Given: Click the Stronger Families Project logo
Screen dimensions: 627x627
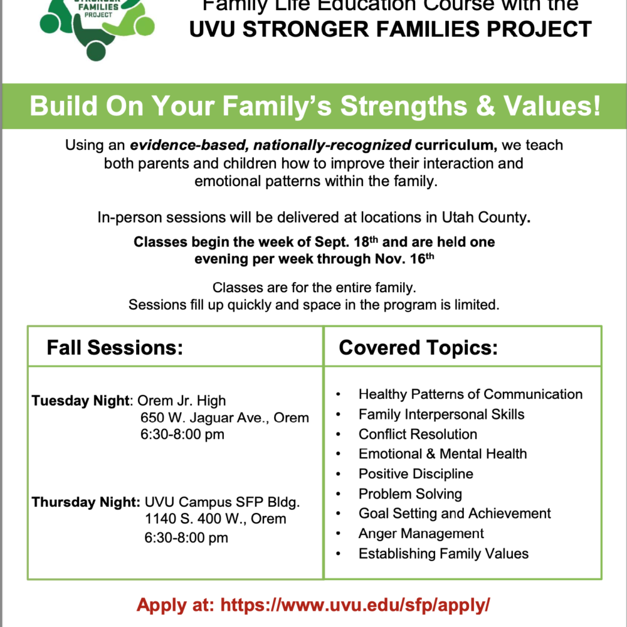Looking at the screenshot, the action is (x=97, y=28).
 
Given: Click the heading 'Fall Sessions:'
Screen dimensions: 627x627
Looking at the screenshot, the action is (x=115, y=347).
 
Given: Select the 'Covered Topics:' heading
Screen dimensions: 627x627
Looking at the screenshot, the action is (x=418, y=347).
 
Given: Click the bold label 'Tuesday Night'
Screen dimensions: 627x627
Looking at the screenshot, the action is (x=81, y=401).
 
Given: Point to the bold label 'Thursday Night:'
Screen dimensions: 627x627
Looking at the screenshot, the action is (x=86, y=502).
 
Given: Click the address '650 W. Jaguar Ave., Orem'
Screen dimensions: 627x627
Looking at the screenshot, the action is (x=224, y=418).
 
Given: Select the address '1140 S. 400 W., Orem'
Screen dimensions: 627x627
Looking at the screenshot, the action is (x=216, y=519).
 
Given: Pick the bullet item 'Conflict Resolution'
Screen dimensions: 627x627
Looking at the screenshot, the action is (x=418, y=435).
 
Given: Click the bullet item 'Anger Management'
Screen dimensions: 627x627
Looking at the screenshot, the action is (x=421, y=534).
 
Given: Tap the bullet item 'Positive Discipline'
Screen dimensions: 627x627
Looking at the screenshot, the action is (x=416, y=474).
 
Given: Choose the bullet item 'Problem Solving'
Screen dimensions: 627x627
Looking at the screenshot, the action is (x=410, y=494).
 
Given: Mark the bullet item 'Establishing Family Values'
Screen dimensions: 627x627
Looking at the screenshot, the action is (x=443, y=554).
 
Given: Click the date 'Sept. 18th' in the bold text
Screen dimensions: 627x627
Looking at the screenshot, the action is (x=346, y=241).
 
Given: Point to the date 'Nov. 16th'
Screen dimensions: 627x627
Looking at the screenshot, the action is (x=404, y=259).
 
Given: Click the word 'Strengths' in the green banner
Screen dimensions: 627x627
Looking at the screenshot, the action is (x=404, y=106).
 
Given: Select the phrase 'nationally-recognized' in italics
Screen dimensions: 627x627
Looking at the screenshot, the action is (x=332, y=145).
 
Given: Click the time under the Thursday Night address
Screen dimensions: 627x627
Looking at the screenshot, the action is (x=186, y=538).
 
